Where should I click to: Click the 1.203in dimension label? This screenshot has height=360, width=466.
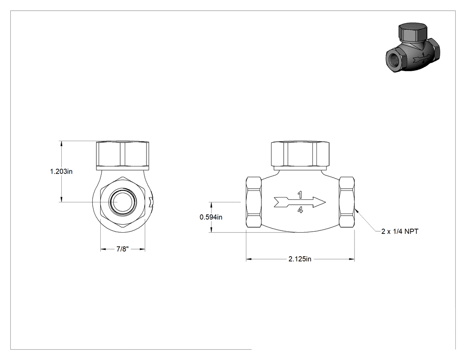click(x=61, y=171)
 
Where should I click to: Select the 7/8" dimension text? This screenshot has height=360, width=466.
click(x=122, y=249)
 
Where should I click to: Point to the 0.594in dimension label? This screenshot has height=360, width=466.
click(x=211, y=218)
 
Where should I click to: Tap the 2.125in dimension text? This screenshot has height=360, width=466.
click(x=300, y=259)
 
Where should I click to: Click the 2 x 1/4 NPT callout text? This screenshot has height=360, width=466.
click(x=400, y=231)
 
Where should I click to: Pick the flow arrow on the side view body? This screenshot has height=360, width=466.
click(x=300, y=202)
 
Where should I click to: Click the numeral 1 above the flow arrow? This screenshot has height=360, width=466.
click(x=300, y=195)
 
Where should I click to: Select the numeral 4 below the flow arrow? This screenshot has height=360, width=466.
click(x=300, y=210)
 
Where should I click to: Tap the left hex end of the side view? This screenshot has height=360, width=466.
click(x=254, y=202)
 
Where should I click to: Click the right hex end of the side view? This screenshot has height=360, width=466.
click(x=347, y=202)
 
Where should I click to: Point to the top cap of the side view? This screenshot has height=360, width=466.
click(x=300, y=154)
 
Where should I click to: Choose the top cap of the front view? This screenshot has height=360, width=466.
click(x=122, y=155)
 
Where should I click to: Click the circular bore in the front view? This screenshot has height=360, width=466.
click(x=123, y=202)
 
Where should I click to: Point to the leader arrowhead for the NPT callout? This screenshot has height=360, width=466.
click(x=357, y=211)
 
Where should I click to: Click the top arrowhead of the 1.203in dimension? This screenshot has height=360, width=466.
click(x=62, y=143)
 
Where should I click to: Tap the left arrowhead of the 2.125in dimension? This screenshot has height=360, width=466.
click(x=249, y=259)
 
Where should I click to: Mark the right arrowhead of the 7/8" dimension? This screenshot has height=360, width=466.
click(x=142, y=249)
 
